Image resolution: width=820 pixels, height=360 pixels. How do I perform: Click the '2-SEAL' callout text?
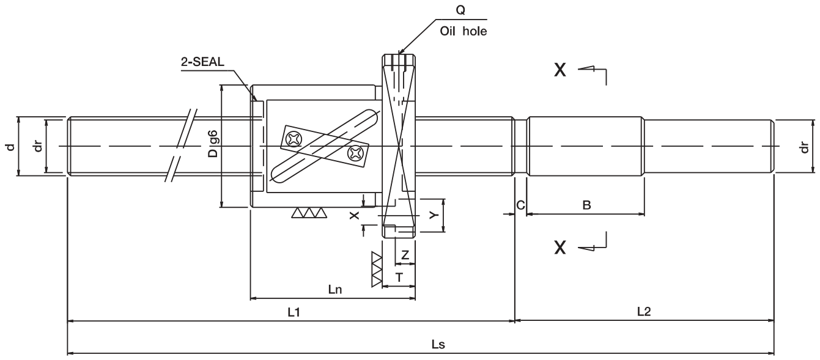pyautogui.click(x=202, y=62)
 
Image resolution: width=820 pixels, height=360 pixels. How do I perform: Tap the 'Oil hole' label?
pyautogui.click(x=463, y=31)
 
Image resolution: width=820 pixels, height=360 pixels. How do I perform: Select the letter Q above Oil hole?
pyautogui.click(x=460, y=10)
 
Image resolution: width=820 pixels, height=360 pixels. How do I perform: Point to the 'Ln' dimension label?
pyautogui.click(x=335, y=290)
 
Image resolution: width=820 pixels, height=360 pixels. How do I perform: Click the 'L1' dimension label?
pyautogui.click(x=294, y=312)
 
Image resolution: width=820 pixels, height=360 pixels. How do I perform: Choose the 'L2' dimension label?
pyautogui.click(x=644, y=312)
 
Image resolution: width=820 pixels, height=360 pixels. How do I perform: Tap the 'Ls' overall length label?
pyautogui.click(x=438, y=344)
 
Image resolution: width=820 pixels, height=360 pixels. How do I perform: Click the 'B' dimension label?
pyautogui.click(x=586, y=205)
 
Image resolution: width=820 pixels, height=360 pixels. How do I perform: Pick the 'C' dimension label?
pyautogui.click(x=520, y=205)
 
